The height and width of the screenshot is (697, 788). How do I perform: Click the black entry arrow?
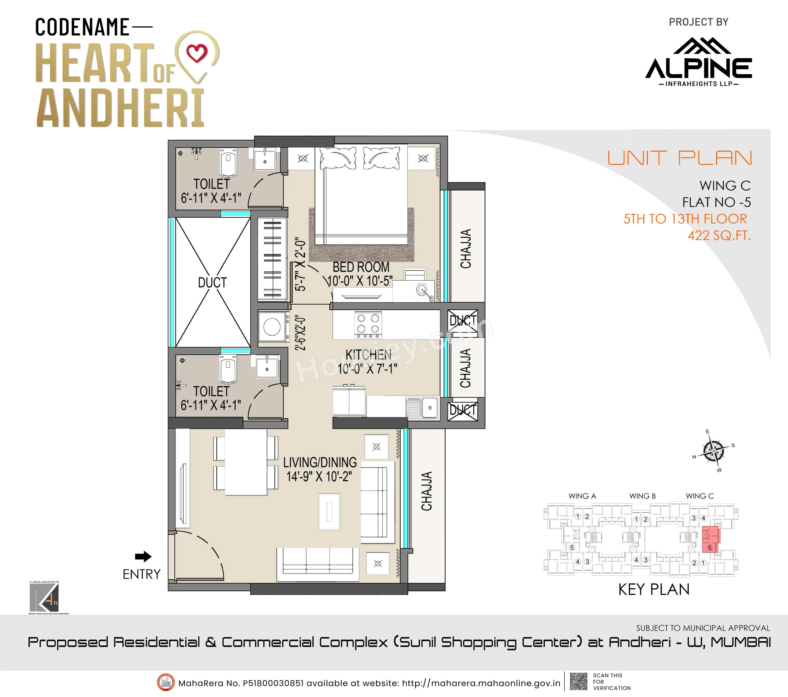(143, 556)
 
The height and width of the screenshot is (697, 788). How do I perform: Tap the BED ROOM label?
(361, 267)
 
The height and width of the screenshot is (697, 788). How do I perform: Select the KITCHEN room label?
(368, 355)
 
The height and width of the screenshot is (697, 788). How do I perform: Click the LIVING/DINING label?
(320, 462)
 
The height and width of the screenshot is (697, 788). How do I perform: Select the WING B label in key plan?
(642, 496)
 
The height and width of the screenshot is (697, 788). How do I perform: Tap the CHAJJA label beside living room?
(426, 491)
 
